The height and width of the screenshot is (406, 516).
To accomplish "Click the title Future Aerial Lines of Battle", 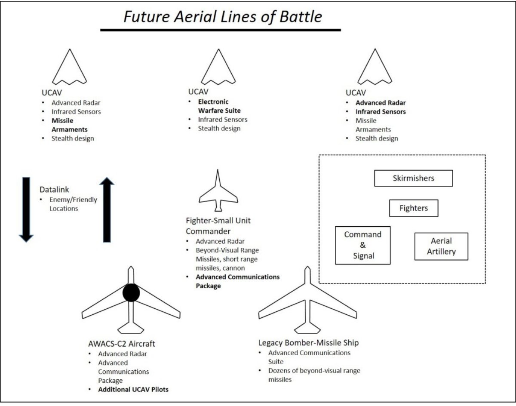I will (223, 16).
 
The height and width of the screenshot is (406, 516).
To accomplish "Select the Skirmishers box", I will (413, 178).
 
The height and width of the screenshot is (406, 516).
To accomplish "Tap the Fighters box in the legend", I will (414, 208).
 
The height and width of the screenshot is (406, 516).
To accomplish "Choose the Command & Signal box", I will (363, 245).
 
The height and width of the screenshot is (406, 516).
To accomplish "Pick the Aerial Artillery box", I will (441, 246).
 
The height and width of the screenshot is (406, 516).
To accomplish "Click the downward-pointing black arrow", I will (26, 209).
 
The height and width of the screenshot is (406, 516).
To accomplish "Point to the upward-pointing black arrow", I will (107, 210).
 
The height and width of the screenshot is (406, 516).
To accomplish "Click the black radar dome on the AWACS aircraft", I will (131, 293).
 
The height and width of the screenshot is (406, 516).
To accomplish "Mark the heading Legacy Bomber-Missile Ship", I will (308, 343).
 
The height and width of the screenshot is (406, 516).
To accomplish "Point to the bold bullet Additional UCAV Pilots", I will (133, 390).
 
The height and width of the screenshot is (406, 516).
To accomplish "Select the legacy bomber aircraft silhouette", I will (307, 301).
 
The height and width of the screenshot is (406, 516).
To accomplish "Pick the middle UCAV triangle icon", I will (218, 69).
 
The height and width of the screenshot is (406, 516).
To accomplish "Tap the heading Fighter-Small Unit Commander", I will (218, 226).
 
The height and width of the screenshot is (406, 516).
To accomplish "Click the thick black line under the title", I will (220, 30).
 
